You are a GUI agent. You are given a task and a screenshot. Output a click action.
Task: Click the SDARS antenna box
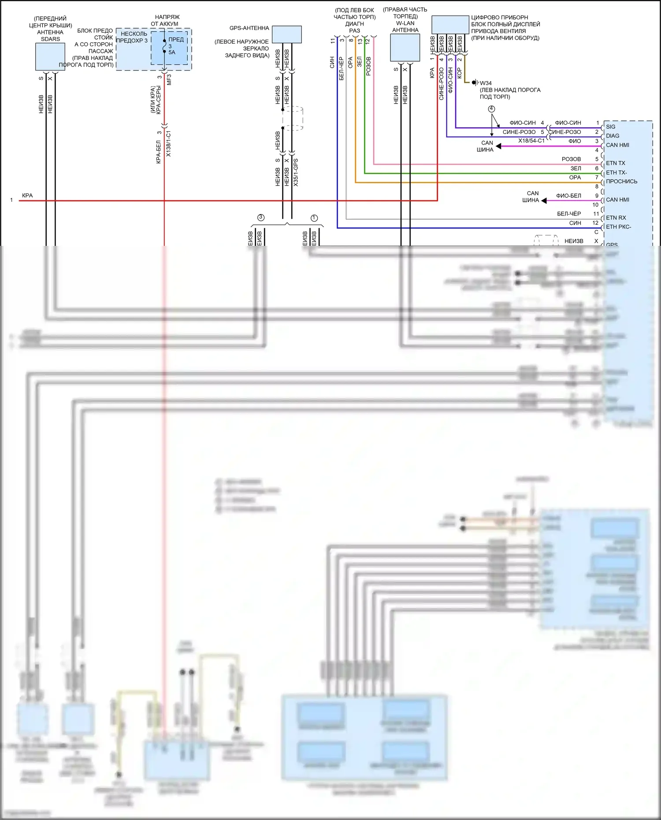(50, 57)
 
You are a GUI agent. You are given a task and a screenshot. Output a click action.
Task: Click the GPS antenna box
(287, 34)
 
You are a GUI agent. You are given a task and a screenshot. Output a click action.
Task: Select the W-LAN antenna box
(405, 48)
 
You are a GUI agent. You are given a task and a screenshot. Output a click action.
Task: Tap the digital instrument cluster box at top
(450, 25)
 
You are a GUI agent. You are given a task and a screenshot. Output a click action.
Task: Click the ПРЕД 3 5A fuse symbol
(164, 46)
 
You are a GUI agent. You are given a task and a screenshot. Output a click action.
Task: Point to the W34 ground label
(486, 83)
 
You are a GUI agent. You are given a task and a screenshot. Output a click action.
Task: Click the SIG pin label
(611, 126)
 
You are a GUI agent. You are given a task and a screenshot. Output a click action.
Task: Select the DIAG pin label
(613, 136)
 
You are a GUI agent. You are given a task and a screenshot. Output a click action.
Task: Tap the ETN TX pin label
(616, 163)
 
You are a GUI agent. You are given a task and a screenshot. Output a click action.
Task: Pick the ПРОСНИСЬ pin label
(621, 181)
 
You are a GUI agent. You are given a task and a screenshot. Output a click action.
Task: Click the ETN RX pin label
(616, 218)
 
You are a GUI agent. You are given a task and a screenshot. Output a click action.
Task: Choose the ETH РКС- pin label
(619, 227)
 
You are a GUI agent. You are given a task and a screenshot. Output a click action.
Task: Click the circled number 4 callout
(491, 109)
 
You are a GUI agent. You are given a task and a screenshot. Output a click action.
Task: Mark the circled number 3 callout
(261, 217)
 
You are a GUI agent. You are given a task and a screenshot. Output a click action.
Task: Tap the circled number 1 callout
(314, 218)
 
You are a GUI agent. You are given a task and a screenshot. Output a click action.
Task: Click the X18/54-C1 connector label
(531, 141)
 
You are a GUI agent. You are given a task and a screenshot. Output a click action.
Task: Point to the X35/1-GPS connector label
(296, 172)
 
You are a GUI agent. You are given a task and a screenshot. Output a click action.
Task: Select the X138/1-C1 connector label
(168, 144)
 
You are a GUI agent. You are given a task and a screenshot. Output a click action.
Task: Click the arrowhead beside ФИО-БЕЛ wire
(544, 200)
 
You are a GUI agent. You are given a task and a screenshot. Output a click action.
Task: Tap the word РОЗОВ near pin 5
(571, 159)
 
